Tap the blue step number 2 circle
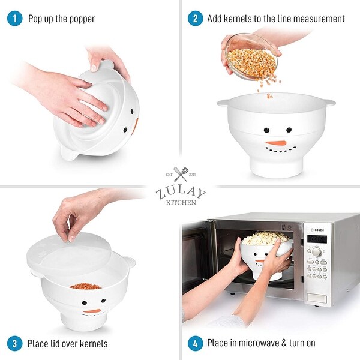pos(195,19)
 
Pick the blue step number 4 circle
pos(195,343)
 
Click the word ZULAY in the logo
pos(180,193)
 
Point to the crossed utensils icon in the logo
pos(180,174)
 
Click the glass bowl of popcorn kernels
pos(251,56)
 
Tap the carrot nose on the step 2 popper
pos(276,143)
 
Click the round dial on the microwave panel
pos(316,251)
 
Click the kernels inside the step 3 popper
pos(85,286)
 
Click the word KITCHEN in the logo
pos(180,203)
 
